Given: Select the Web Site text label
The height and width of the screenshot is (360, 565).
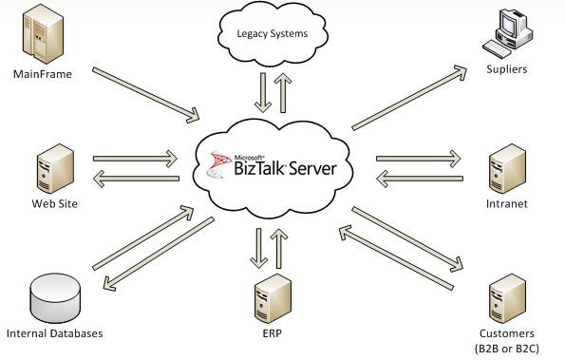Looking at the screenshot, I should point(55,202).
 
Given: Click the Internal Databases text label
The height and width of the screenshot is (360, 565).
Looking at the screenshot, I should point(54,333).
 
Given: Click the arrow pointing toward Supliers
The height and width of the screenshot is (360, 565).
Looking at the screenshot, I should point(413,96).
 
